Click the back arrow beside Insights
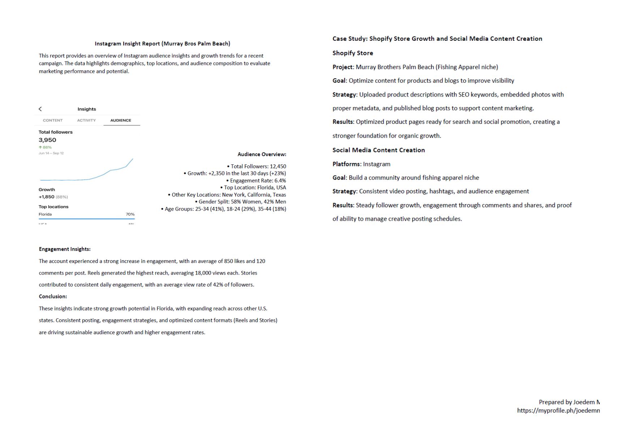(x=40, y=109)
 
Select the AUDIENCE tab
(x=121, y=120)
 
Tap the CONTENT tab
(x=53, y=120)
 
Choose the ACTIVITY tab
(x=86, y=120)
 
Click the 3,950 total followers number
(x=47, y=140)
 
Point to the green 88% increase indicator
(x=46, y=147)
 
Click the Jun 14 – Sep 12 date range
(x=51, y=153)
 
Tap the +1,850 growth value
(x=47, y=197)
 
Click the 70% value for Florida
(x=130, y=214)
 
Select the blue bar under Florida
(x=87, y=219)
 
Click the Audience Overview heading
(x=262, y=154)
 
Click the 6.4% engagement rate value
(x=280, y=181)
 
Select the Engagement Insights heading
(x=65, y=249)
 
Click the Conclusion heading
(x=53, y=296)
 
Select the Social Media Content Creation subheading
(x=379, y=150)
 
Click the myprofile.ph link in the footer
(x=558, y=410)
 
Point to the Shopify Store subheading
(x=353, y=53)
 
